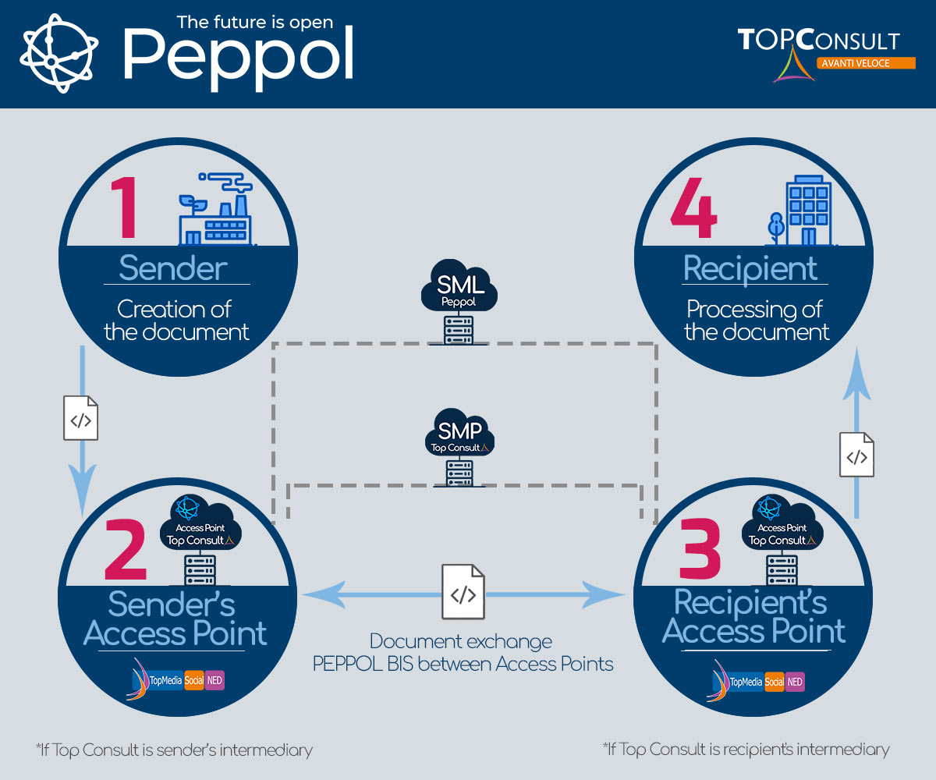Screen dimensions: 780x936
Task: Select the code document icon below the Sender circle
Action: coord(80,419)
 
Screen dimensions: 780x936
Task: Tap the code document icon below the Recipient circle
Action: coord(856,455)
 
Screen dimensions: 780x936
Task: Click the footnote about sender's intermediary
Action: coord(174,750)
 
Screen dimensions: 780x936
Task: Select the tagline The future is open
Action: coord(255,22)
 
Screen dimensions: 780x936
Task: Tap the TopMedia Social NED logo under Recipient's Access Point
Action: coord(756,681)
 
